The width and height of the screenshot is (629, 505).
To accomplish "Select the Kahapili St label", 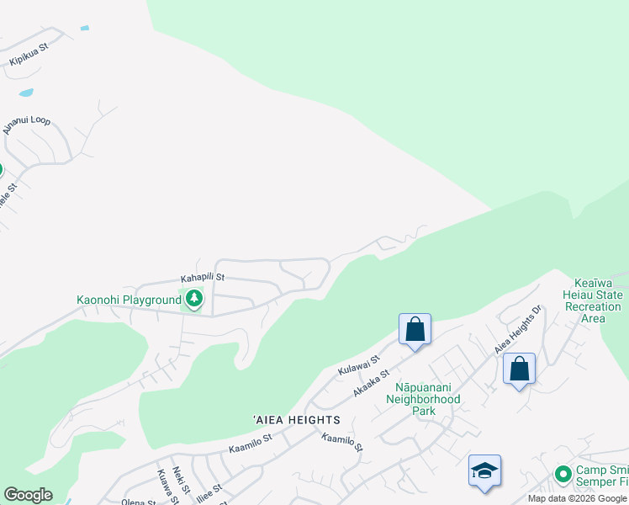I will [203, 276].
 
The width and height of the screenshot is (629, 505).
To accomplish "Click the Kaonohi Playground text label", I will [129, 300].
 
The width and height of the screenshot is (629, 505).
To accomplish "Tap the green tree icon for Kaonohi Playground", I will [194, 299].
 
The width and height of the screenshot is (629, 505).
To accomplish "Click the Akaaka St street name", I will [372, 383].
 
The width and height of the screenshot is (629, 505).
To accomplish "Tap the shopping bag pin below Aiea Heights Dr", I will [519, 368].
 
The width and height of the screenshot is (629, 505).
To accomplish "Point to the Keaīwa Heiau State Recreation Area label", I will [593, 301].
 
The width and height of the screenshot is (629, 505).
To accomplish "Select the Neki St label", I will [178, 481].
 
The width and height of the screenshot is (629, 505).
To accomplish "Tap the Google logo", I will [28, 495].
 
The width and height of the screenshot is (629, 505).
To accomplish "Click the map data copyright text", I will [577, 498].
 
